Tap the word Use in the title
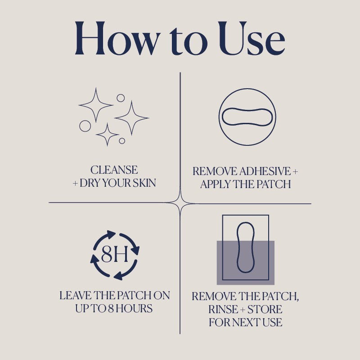[252, 38]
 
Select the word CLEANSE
[114, 170]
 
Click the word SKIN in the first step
[144, 183]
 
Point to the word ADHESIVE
[265, 171]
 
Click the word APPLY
[215, 184]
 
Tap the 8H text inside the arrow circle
[115, 255]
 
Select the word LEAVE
[76, 296]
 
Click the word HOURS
[134, 308]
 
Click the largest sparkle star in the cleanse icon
[131, 118]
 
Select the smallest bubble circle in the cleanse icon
[122, 141]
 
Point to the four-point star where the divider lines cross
[180, 203]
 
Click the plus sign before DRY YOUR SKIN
[75, 184]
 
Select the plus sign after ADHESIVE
[295, 171]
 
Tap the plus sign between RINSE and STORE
[243, 310]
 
